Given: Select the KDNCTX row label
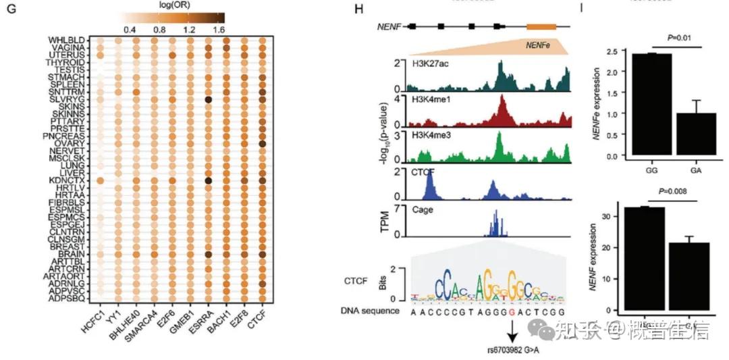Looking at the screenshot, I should point(67,181).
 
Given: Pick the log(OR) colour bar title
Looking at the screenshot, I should point(171,5).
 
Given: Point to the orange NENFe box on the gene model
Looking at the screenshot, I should point(541,26).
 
